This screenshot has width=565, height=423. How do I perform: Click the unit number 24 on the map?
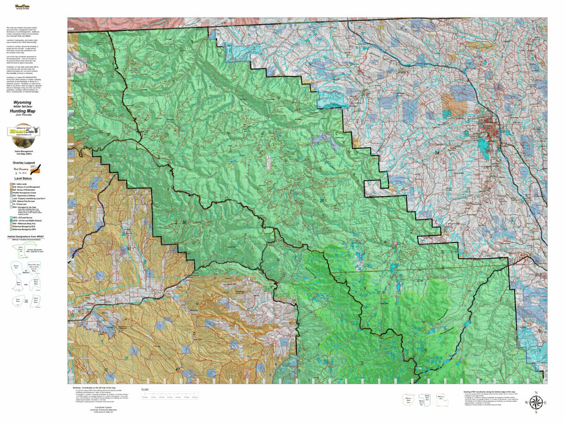[x=436, y=153]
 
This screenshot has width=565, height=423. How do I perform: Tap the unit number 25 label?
[x=322, y=201]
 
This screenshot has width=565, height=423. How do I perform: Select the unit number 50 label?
[x=184, y=222]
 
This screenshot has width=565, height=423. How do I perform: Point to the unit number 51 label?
[x=129, y=249]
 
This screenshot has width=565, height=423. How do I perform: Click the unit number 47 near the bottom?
[x=178, y=369]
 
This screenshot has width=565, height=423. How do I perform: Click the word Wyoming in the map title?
[x=23, y=102]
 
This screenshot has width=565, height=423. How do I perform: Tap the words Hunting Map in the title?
[x=23, y=111]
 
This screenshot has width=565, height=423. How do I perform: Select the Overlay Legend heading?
[x=24, y=162]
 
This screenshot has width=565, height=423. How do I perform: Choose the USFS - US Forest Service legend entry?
[x=26, y=219]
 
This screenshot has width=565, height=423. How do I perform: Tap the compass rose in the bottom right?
[x=535, y=402]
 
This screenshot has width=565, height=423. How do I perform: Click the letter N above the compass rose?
[x=535, y=392]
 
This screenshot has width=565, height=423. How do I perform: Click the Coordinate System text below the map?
[x=102, y=406]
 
